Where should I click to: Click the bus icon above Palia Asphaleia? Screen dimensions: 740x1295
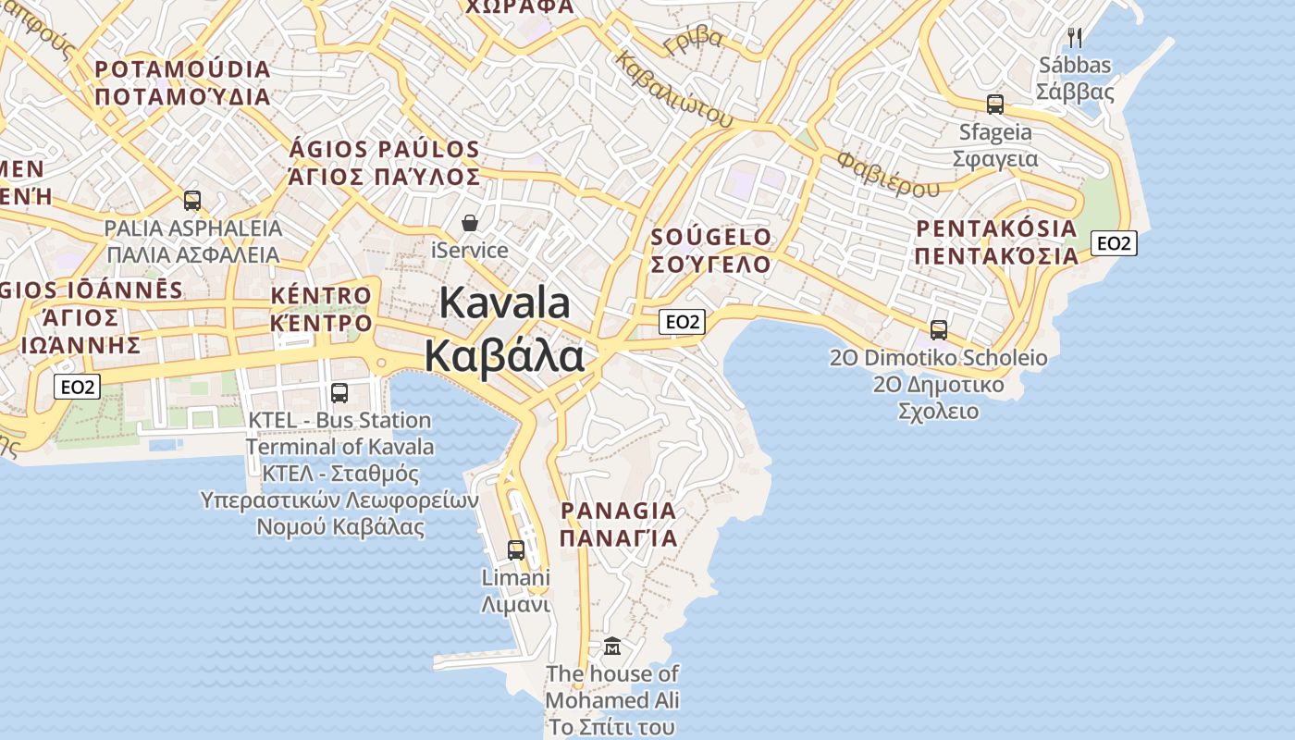click(192, 200)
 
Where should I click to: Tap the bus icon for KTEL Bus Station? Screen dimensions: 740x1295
click(339, 392)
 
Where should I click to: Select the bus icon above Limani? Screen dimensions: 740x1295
click(516, 549)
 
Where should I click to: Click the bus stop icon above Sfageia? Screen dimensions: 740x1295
click(995, 105)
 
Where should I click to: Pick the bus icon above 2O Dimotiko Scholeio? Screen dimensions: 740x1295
click(939, 329)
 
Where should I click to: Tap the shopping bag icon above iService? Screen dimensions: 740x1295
click(470, 223)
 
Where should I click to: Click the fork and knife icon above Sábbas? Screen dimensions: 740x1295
click(1074, 38)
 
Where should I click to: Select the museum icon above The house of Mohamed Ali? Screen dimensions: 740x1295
click(612, 646)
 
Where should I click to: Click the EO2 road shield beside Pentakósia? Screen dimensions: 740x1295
click(1114, 243)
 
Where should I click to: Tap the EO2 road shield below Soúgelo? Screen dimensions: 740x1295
click(683, 322)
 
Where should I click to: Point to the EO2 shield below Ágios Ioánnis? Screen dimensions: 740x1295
click(76, 387)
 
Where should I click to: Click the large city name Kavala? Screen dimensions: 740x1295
click(505, 302)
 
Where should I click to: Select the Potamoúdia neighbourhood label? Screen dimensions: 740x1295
click(182, 70)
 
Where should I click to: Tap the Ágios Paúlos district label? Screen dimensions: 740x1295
click(385, 150)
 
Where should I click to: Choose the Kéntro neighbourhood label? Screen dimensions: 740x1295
click(321, 296)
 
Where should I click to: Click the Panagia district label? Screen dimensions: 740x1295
click(619, 511)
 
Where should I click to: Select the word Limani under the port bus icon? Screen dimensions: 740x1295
click(516, 578)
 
